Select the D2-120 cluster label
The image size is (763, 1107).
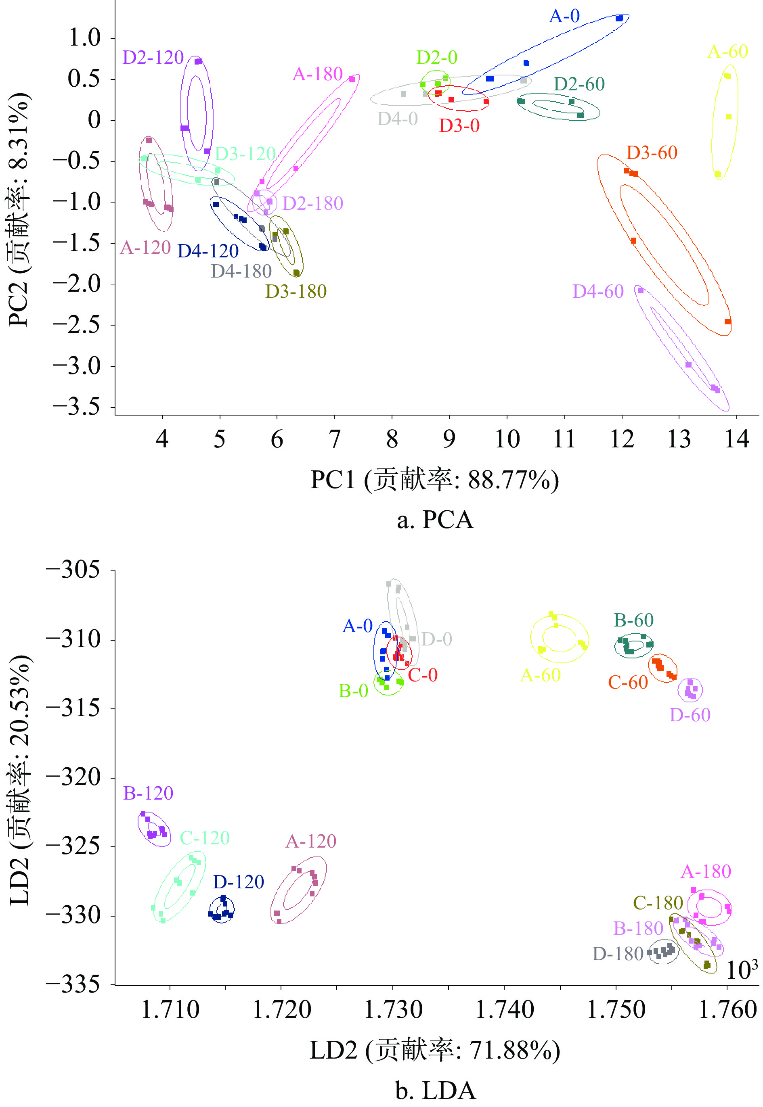click(x=153, y=57)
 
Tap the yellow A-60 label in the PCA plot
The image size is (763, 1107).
click(x=727, y=52)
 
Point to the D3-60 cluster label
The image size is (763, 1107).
click(x=652, y=153)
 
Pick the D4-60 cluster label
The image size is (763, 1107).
click(x=598, y=291)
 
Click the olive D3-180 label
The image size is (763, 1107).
click(x=296, y=291)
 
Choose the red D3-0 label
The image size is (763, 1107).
click(x=459, y=125)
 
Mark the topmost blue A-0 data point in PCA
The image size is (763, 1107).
click(x=619, y=18)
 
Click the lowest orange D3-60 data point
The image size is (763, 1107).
click(x=727, y=322)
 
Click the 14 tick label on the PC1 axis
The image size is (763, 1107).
click(x=736, y=439)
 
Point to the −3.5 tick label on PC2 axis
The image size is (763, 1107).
click(x=76, y=407)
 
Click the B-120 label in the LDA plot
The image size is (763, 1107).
click(x=148, y=793)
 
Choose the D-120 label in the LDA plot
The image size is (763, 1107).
click(x=238, y=881)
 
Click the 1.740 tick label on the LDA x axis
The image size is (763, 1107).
click(x=504, y=1009)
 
